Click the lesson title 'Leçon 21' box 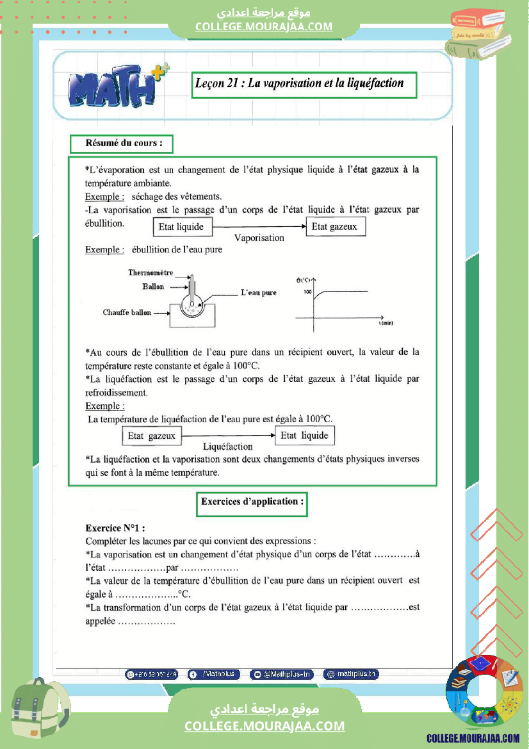[x=304, y=85]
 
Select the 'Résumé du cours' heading [x=120, y=144]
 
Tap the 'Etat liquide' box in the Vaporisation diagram [x=181, y=227]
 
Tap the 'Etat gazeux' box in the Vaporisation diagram [x=334, y=227]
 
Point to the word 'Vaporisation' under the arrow [x=259, y=238]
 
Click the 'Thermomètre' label [x=151, y=273]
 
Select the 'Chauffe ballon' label [x=127, y=313]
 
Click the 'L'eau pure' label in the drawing [x=259, y=293]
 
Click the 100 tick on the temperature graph [x=307, y=292]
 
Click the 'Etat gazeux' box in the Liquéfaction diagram [x=151, y=436]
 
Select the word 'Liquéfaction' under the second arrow [x=227, y=447]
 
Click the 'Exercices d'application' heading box [x=252, y=502]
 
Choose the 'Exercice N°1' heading [x=115, y=529]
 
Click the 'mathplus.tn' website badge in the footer [x=352, y=674]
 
